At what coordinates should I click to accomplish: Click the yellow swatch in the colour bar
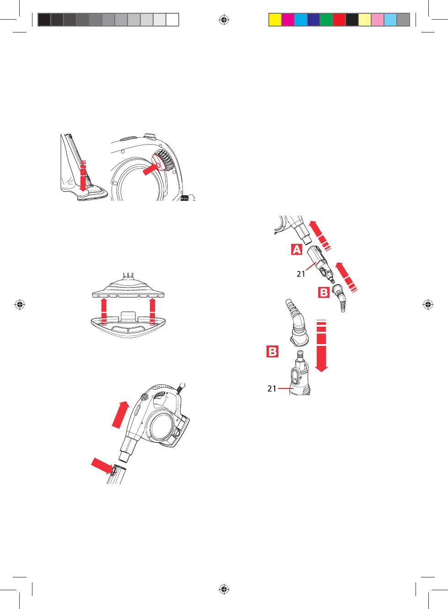coord(275,20)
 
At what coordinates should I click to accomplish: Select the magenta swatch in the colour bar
coord(288,20)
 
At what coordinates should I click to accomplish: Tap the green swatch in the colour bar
coord(326,20)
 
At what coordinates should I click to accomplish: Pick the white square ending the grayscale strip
coord(172,20)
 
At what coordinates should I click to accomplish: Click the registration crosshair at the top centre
coord(224,20)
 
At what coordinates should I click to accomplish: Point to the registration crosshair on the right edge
coord(428,304)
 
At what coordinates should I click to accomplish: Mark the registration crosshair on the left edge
coord(20,304)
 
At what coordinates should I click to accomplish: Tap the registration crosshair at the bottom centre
coord(224,589)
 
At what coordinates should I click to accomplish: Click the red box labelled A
coord(297,249)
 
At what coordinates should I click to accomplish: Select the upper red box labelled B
coord(324,292)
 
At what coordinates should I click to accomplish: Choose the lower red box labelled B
coord(272,351)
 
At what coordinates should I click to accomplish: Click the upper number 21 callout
coord(301,274)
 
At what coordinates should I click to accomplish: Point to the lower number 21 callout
coord(272,388)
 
